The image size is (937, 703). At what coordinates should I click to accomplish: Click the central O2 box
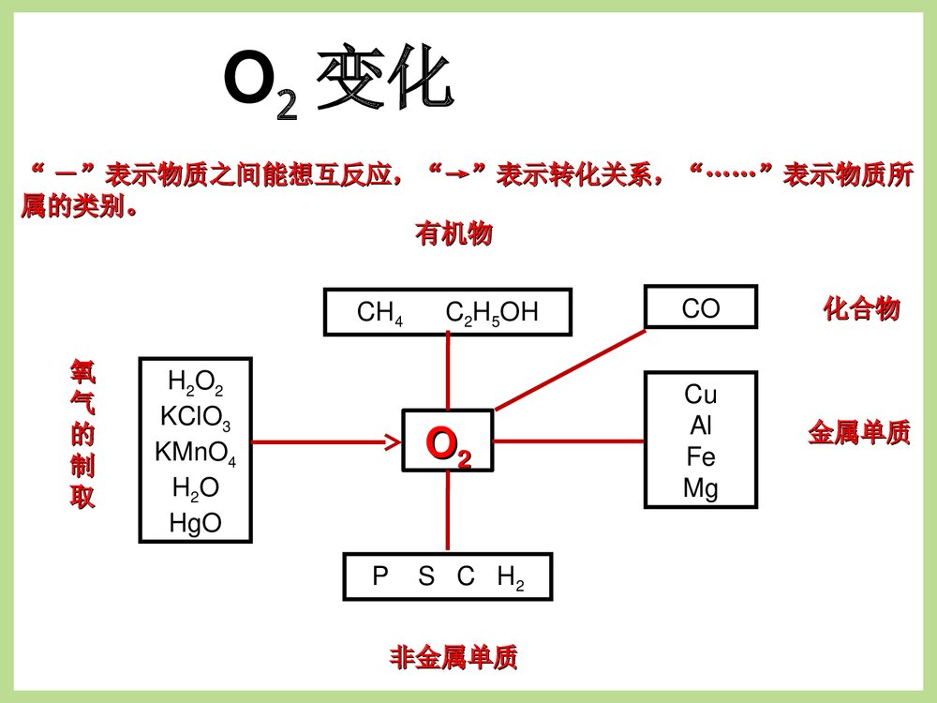tap(448, 441)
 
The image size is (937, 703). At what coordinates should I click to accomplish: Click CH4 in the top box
tap(379, 313)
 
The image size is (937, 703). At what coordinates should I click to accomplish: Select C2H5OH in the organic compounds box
tap(492, 313)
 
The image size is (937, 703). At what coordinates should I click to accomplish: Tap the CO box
tap(701, 308)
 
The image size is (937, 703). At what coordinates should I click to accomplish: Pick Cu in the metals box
tap(701, 394)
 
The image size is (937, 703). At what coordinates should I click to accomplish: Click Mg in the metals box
tap(701, 488)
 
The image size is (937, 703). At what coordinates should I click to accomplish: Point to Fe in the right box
tap(701, 457)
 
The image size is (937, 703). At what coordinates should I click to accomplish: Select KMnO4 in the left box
tap(195, 453)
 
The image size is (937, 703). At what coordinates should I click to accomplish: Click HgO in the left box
tap(195, 522)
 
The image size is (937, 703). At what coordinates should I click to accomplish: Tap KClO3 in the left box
tap(195, 417)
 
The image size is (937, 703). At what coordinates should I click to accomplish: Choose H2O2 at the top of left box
tap(195, 382)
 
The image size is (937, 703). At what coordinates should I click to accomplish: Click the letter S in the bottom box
tap(426, 577)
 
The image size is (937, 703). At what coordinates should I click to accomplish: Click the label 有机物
tap(454, 235)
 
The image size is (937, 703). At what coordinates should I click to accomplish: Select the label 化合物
tap(861, 309)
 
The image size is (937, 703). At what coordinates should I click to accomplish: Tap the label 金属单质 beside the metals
tap(858, 434)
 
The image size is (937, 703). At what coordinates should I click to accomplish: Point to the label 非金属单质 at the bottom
tap(454, 658)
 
